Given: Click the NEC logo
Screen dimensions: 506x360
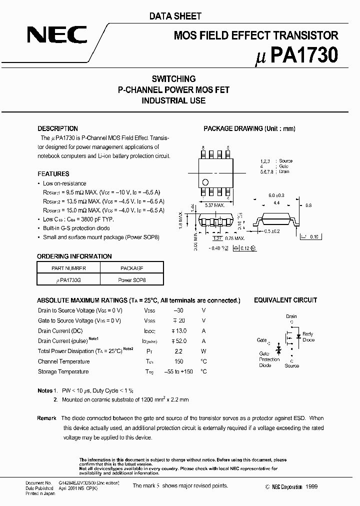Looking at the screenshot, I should coord(57,35).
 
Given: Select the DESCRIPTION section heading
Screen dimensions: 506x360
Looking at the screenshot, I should coord(58,128).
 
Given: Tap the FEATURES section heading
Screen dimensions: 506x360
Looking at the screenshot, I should coord(53,174).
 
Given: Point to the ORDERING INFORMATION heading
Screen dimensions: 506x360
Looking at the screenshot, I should coord(74,256).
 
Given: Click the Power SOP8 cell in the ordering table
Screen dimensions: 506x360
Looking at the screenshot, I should coord(132,280).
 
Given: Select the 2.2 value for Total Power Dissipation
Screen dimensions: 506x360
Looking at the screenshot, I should coord(178,351).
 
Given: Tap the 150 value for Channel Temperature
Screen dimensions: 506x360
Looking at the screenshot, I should coord(178,361).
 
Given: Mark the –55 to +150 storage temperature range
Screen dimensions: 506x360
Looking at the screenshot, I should coord(178,372).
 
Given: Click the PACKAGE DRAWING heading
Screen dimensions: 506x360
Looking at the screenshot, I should coord(249,128).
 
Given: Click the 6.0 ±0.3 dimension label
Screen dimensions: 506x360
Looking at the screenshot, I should coord(276,195).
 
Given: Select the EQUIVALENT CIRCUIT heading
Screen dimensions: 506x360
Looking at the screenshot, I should coord(285,300).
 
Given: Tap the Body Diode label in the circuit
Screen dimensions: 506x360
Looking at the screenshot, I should coord(308,337).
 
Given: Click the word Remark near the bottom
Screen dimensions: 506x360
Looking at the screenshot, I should coord(46,418).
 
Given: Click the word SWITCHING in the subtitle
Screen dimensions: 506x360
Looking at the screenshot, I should coord(173,79).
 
